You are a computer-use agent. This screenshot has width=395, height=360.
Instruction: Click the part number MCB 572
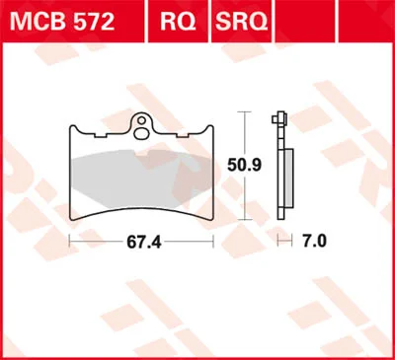pos(62,22)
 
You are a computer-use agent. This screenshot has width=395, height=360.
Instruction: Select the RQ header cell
pos(178,22)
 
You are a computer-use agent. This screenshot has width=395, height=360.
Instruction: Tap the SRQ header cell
pos(241,22)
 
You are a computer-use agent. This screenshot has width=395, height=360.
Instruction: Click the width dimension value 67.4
pos(144,243)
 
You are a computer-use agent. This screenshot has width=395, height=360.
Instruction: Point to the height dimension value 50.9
pos(245,166)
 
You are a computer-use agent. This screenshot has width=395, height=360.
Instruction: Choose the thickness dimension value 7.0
pos(314,242)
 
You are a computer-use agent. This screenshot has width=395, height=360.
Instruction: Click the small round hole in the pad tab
pos(141,120)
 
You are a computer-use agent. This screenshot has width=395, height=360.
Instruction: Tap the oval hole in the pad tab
pos(141,132)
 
